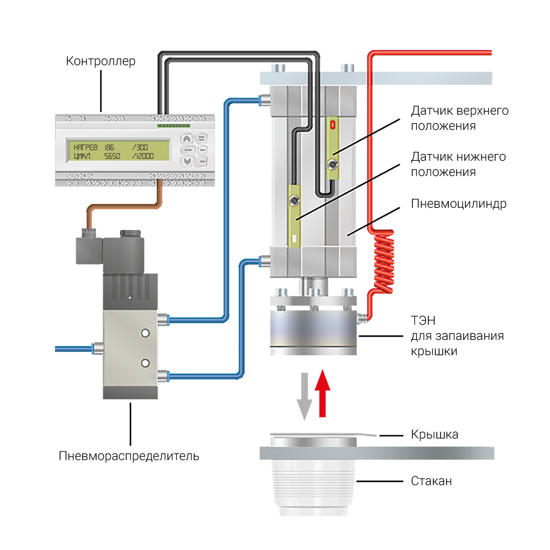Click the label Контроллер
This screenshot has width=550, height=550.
(100, 61)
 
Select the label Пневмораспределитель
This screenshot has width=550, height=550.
(129, 456)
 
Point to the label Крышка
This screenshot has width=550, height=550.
(435, 435)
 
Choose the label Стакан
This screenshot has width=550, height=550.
(432, 481)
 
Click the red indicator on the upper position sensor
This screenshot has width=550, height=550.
(332, 125)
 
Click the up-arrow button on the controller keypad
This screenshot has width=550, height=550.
(188, 139)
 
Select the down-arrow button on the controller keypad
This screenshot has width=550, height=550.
(188, 161)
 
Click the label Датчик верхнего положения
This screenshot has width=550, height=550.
(460, 118)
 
